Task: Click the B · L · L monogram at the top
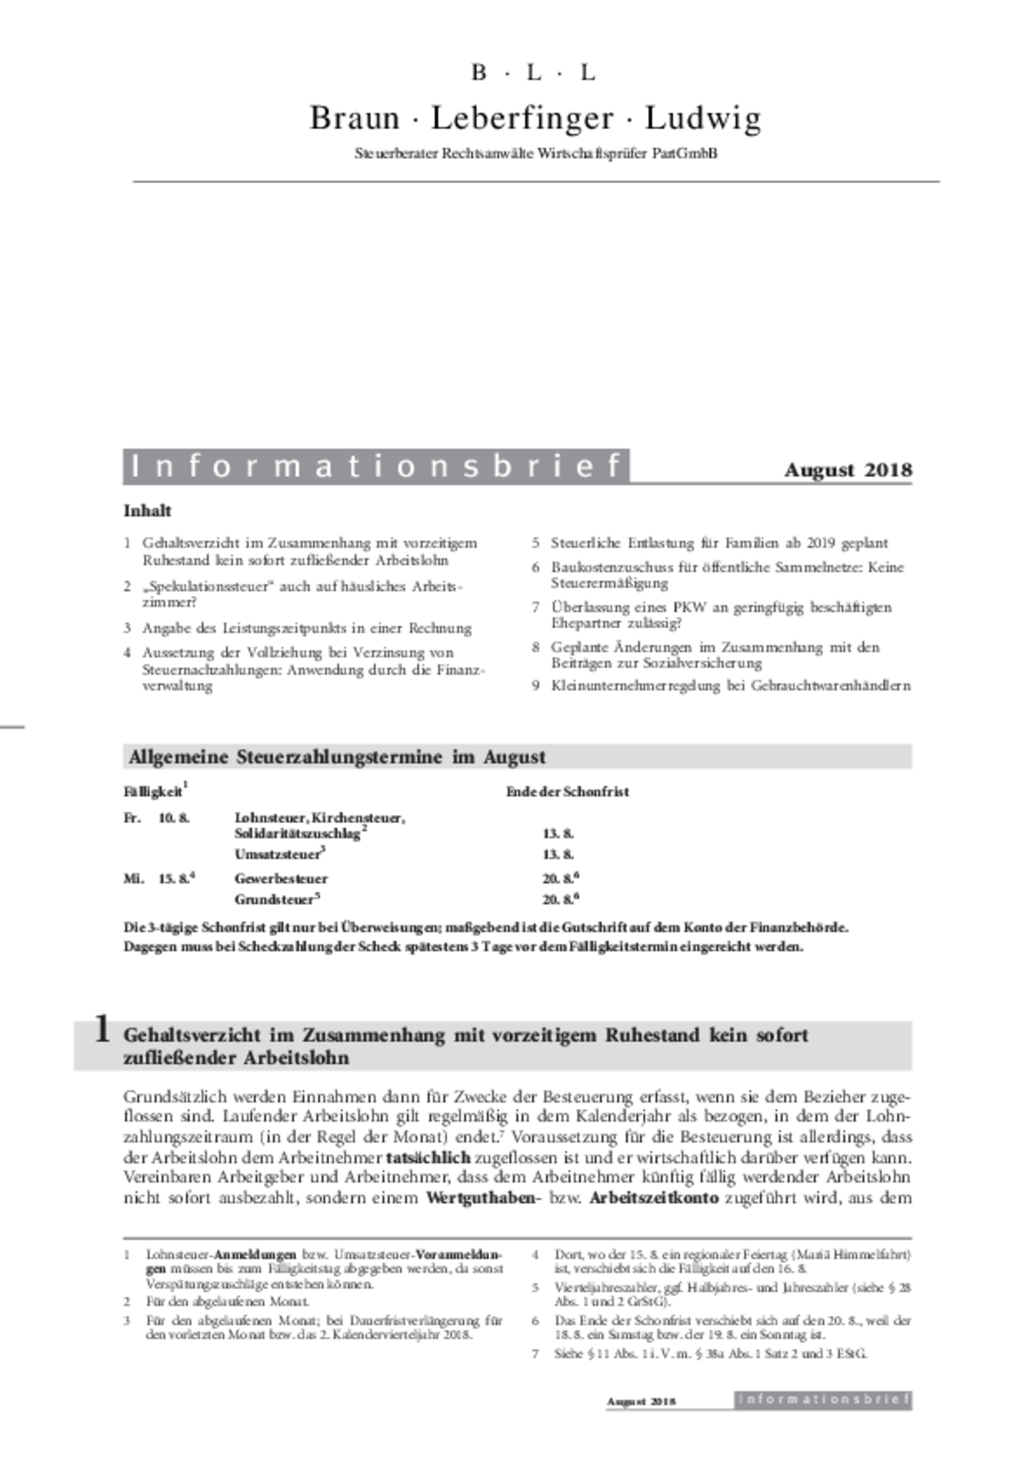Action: [534, 73]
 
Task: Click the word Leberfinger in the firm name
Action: [522, 118]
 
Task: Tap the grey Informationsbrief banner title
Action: [376, 466]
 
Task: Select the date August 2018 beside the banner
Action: [848, 470]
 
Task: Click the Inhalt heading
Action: [147, 511]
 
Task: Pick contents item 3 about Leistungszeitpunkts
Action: [306, 628]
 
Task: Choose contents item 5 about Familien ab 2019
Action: [719, 543]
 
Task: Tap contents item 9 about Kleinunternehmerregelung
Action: [731, 686]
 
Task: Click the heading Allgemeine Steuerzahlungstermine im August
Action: [337, 757]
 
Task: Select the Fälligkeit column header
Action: [153, 792]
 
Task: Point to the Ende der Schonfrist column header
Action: [567, 792]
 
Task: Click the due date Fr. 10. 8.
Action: [157, 818]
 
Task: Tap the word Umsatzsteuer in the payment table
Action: [278, 854]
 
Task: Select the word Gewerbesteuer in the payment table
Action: [281, 879]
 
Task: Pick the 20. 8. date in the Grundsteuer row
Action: [558, 900]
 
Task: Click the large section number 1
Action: [103, 1029]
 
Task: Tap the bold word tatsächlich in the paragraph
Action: [427, 1158]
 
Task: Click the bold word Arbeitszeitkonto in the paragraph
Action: [654, 1198]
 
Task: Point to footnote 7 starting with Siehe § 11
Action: [709, 1353]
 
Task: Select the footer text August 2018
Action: [641, 1401]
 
